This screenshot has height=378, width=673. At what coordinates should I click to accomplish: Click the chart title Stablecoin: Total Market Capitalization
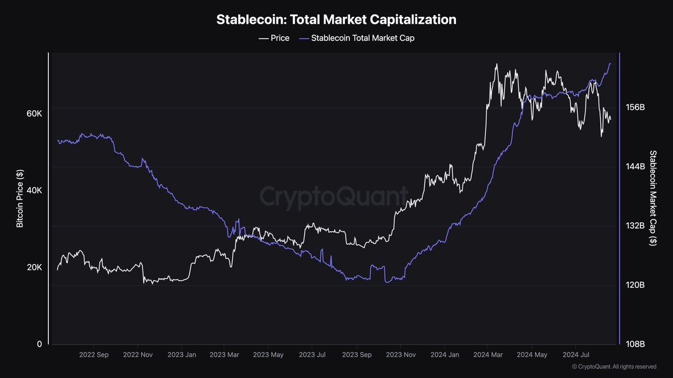pyautogui.click(x=336, y=20)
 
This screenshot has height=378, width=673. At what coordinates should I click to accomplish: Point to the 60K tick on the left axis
pyautogui.click(x=34, y=114)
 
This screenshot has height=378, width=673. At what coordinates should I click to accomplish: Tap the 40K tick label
pyautogui.click(x=34, y=190)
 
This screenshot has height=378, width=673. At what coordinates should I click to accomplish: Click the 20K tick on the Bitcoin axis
pyautogui.click(x=34, y=267)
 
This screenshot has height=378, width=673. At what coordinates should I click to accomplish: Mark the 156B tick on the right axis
pyautogui.click(x=635, y=108)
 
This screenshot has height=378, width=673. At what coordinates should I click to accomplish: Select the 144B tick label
pyautogui.click(x=635, y=167)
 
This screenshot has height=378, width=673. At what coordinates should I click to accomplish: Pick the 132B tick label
pyautogui.click(x=635, y=226)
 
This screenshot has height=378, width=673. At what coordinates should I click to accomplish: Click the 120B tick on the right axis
pyautogui.click(x=635, y=285)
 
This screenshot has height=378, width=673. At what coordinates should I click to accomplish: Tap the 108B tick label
pyautogui.click(x=635, y=344)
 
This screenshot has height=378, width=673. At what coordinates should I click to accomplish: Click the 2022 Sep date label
pyautogui.click(x=94, y=354)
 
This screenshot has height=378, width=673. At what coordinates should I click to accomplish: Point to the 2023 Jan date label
pyautogui.click(x=182, y=354)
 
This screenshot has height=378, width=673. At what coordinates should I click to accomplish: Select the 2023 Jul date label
pyautogui.click(x=312, y=354)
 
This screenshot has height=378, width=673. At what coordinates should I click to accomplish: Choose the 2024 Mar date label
pyautogui.click(x=488, y=354)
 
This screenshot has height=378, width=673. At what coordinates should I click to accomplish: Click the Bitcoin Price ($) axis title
pyautogui.click(x=20, y=198)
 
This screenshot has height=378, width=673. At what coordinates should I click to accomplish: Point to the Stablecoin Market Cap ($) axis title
pyautogui.click(x=653, y=198)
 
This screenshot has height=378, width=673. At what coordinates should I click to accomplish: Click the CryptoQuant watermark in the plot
pyautogui.click(x=334, y=197)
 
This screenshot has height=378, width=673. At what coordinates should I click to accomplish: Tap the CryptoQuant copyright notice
pyautogui.click(x=614, y=367)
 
